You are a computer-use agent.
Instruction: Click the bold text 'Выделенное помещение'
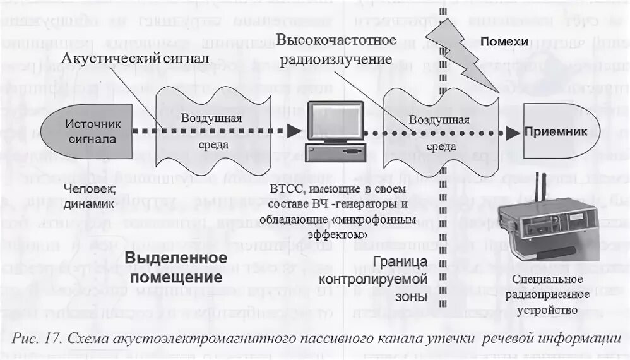pos(175,267)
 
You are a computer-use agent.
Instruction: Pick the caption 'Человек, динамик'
pos(89,196)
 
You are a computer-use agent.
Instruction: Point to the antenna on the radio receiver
pos(540,186)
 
